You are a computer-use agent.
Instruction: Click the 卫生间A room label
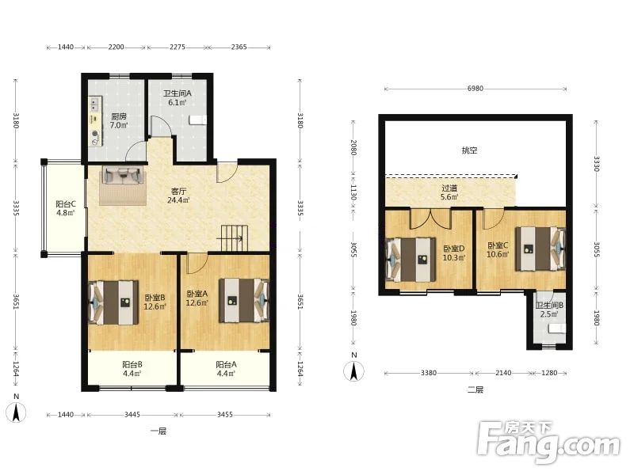[x=177, y=93]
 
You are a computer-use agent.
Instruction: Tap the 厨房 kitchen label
[x=119, y=116]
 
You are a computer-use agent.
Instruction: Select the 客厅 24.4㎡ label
[x=178, y=195]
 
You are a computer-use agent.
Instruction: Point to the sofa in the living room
[x=123, y=175]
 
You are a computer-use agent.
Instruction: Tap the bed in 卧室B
[x=113, y=303]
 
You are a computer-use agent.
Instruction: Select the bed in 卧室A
[x=244, y=301]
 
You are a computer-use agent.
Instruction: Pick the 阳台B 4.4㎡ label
[x=132, y=369]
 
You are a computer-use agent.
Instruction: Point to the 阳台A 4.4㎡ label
[x=226, y=369]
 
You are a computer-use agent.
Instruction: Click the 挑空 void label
[x=469, y=150]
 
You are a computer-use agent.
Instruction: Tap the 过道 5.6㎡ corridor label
[x=449, y=192]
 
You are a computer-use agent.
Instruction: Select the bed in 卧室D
[x=411, y=260]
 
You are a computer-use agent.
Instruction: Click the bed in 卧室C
[x=540, y=249]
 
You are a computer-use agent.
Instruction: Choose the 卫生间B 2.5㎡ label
[x=549, y=310]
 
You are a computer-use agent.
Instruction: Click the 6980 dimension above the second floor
[x=475, y=89]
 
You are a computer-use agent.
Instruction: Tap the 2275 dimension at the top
[x=178, y=47]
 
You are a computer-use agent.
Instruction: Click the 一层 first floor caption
[x=158, y=431]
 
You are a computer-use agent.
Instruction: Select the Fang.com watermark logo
[x=548, y=443]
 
